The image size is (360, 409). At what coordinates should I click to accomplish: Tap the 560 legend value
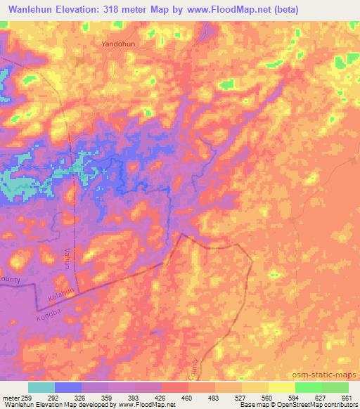coord(257,398)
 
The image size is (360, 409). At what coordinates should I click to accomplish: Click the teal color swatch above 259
coord(41,387)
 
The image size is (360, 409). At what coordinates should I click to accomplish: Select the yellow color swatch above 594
coord(281,387)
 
